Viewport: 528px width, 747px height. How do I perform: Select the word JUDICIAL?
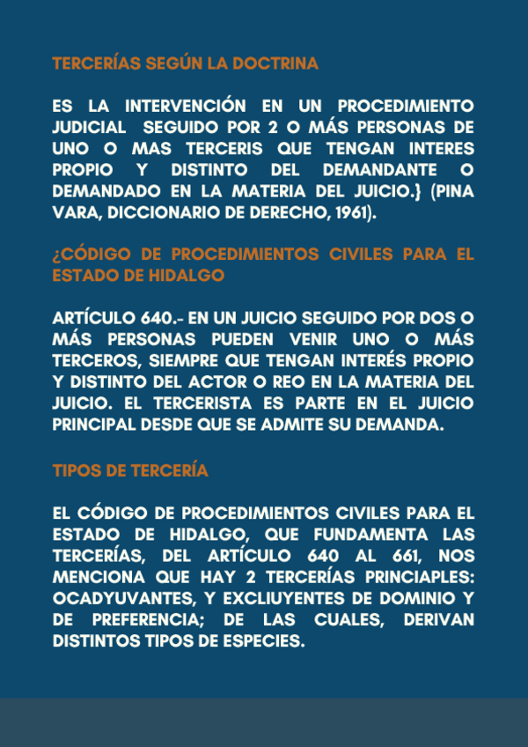click(x=91, y=128)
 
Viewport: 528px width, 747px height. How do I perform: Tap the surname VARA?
click(x=75, y=211)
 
